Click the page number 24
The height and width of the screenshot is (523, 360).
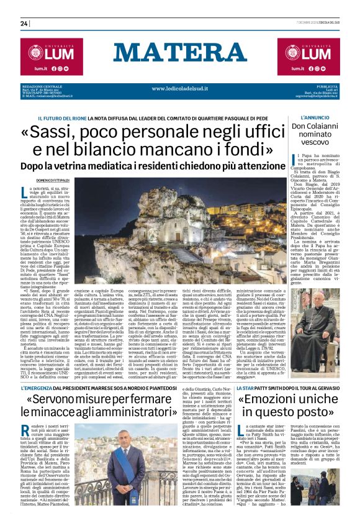click(24, 23)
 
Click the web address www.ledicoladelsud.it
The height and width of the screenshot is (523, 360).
click(181, 88)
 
